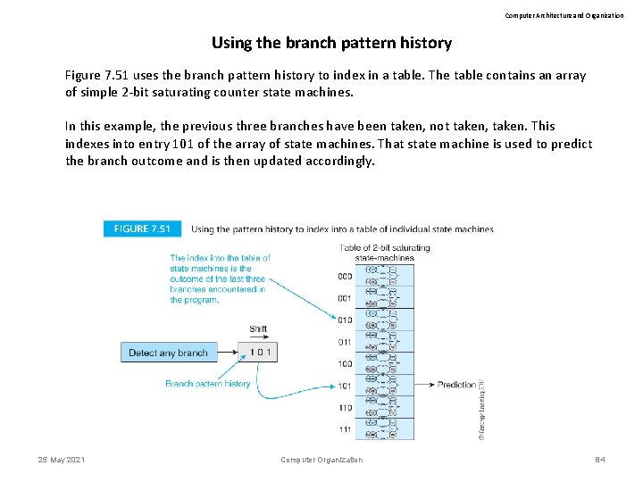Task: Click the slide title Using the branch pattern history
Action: [331, 43]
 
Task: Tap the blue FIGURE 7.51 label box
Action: [142, 229]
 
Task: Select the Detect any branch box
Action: [168, 353]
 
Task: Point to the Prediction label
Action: [456, 385]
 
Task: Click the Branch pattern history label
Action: [208, 384]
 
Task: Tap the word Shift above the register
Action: [258, 329]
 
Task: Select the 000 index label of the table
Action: [345, 276]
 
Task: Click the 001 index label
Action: [345, 298]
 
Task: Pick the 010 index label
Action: [345, 320]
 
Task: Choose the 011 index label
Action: [345, 342]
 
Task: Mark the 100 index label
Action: [345, 363]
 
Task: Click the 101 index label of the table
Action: [345, 386]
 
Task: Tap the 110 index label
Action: [345, 407]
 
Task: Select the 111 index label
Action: [345, 429]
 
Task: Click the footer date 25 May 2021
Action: [62, 460]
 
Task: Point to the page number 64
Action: [600, 460]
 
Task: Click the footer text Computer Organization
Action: [321, 460]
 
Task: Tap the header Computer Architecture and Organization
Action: [564, 15]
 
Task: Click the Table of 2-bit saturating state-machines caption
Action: [385, 253]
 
